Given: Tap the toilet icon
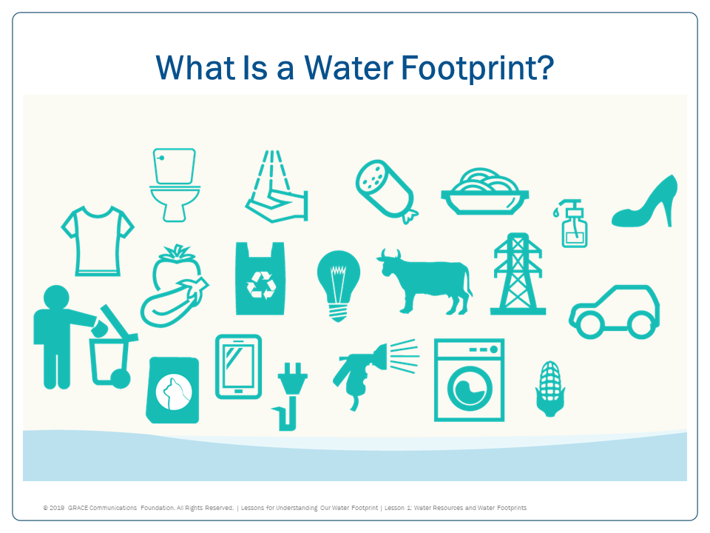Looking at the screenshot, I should [175, 184].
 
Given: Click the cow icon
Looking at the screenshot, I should [425, 281].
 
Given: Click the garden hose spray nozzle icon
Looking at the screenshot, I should [362, 366].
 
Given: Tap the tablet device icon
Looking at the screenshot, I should [238, 366].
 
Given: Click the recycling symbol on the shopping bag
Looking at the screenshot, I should [260, 284].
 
